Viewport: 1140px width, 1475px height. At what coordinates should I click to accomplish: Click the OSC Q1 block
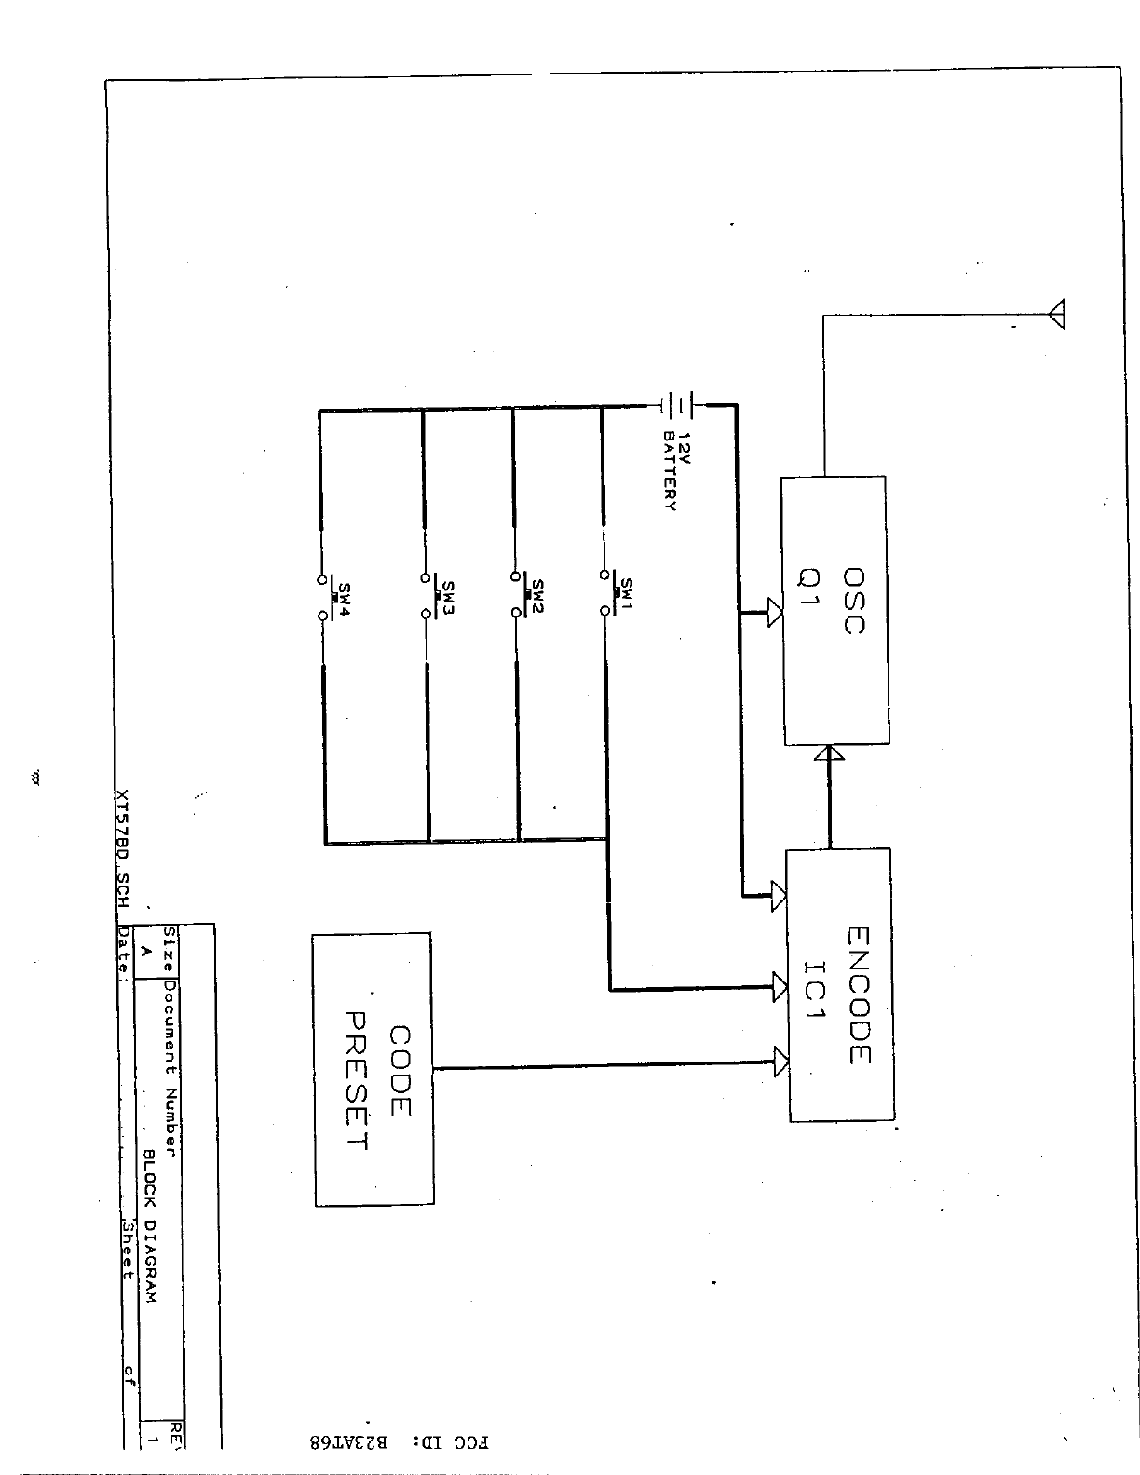point(834,610)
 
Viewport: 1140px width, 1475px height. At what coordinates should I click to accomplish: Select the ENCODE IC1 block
point(840,985)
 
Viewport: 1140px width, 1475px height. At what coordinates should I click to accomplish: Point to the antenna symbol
point(1056,315)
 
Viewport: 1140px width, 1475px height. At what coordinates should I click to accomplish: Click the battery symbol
point(680,405)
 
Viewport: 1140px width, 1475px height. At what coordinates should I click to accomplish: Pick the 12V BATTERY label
point(676,470)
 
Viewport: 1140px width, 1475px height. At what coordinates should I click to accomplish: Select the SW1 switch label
point(626,589)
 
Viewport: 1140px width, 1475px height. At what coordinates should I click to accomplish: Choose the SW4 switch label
point(344,593)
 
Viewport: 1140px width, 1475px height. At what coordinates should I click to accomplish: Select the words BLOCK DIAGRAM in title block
point(147,1225)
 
